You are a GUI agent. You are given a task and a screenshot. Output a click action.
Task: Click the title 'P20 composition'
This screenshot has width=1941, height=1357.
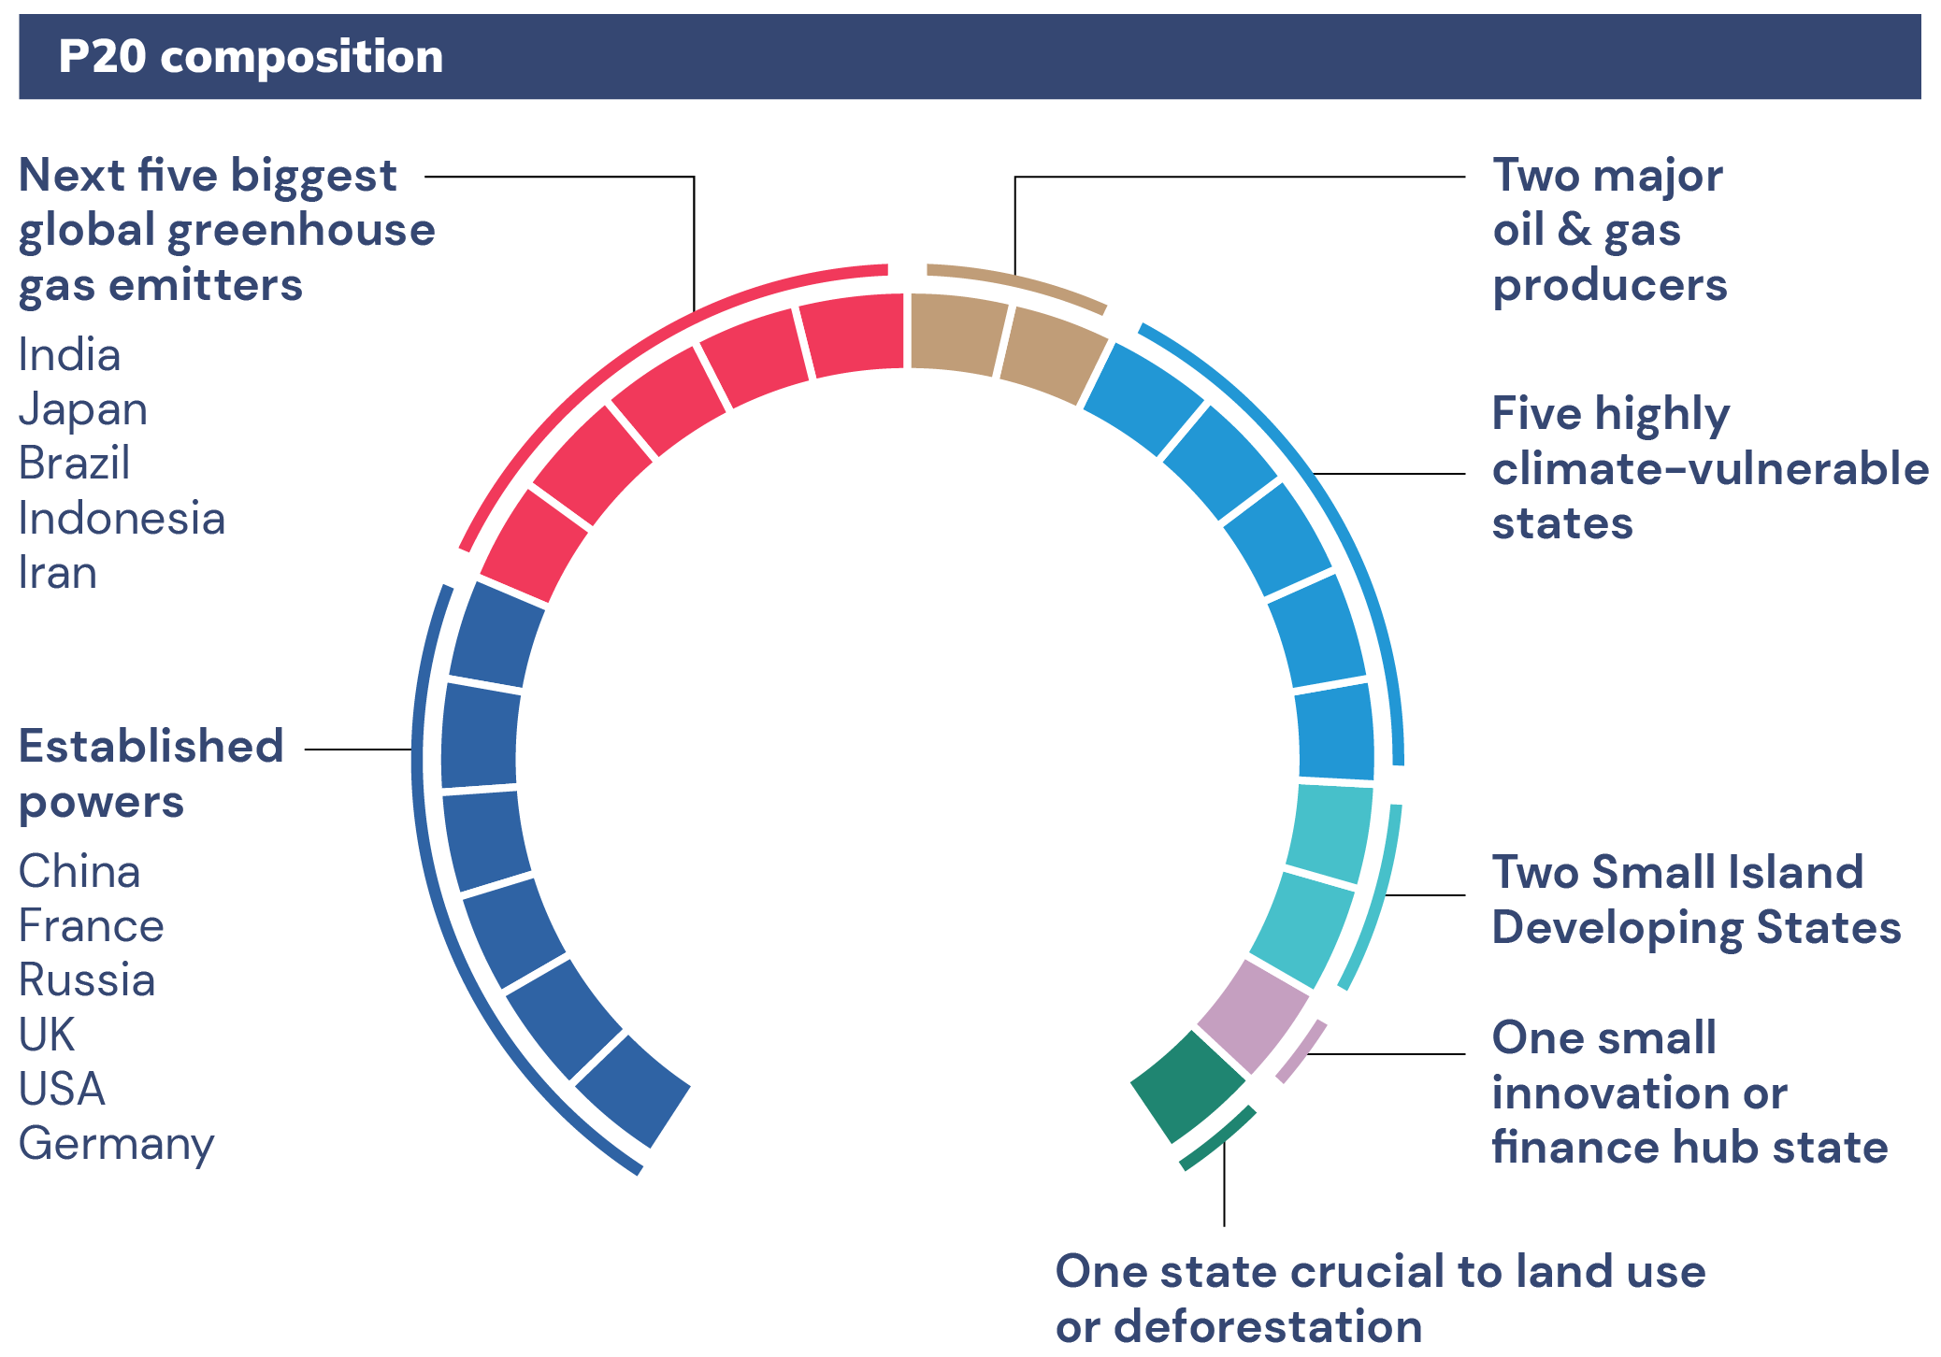251,57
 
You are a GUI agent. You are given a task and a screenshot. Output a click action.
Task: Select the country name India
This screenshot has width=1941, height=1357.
70,355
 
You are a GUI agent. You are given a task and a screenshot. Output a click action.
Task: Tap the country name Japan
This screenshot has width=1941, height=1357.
83,410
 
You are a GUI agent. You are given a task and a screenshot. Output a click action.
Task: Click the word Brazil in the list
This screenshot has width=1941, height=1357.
75,464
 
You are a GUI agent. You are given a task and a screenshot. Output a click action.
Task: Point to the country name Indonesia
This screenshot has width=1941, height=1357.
122,519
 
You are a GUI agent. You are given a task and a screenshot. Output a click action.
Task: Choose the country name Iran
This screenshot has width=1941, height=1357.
58,573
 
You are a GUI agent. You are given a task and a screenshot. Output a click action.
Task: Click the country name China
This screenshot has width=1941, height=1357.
79,872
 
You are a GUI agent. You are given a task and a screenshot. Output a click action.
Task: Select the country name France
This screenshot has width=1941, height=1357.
92,926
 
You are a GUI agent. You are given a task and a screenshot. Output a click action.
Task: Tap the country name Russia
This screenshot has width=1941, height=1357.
87,980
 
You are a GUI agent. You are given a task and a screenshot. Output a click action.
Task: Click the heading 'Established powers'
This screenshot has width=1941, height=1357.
151,774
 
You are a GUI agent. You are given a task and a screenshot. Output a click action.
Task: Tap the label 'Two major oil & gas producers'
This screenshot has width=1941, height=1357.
1609,230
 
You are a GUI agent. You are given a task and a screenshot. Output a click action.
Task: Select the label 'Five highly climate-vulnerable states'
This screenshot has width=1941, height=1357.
1710,468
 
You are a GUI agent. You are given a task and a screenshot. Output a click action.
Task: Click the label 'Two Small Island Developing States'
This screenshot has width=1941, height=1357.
1696,899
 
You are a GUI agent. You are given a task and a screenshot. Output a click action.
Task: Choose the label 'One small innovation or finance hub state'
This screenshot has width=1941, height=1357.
1689,1093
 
